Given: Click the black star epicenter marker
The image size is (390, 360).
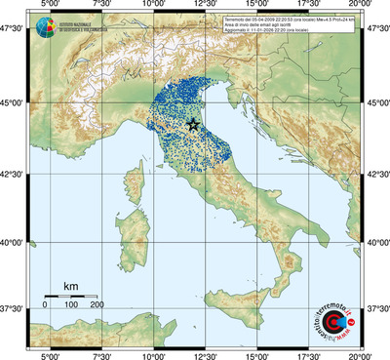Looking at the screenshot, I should pos(192,124).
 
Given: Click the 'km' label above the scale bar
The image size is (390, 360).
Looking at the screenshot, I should pos(70,286).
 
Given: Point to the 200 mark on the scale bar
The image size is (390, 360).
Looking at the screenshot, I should pos(97,305).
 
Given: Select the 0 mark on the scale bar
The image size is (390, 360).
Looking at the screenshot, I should pos(45,305).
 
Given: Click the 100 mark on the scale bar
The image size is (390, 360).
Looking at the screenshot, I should pos(71,305).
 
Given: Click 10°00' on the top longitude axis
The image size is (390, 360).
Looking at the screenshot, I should pos(153,6).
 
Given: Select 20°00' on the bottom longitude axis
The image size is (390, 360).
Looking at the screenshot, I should pos(361,354).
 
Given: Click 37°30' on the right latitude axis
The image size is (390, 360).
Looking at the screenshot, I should pos(375,308).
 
